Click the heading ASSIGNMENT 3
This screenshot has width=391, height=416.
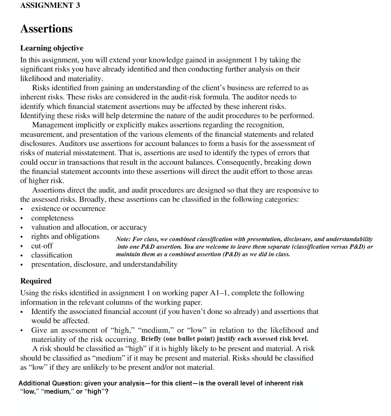(50, 6)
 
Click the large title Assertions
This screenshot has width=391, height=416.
(46, 29)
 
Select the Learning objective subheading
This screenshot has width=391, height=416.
(52, 48)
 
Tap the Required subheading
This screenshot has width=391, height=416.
(36, 281)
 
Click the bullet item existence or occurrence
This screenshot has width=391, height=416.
(68, 209)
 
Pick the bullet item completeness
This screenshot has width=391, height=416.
(52, 218)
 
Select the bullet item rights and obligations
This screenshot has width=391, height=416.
(65, 237)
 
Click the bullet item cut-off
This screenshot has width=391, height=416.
(42, 246)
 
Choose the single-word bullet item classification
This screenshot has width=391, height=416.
(51, 255)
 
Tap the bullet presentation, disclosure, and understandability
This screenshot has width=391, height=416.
(104, 264)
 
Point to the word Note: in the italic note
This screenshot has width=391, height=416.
(123, 239)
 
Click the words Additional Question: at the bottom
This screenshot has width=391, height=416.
(50, 383)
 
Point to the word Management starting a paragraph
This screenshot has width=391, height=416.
(52, 125)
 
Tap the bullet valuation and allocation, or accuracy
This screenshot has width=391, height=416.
(89, 227)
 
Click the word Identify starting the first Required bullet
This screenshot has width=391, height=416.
(44, 312)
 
